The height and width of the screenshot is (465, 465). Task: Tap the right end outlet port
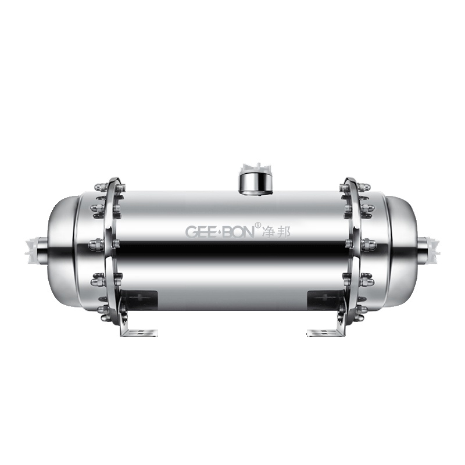point(430,248)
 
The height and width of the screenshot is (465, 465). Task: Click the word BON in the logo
point(238,231)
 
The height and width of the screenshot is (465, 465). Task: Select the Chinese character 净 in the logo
point(267,231)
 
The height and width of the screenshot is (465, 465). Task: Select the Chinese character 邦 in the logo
point(283,231)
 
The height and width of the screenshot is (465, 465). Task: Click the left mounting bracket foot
point(139,332)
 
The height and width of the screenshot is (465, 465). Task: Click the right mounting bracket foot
point(325,332)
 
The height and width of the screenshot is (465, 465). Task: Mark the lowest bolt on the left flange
point(103,317)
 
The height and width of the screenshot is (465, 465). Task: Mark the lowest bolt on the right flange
point(362,317)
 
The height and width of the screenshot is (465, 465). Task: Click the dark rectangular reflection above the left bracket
point(141,300)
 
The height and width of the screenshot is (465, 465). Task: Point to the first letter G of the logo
point(191,231)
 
